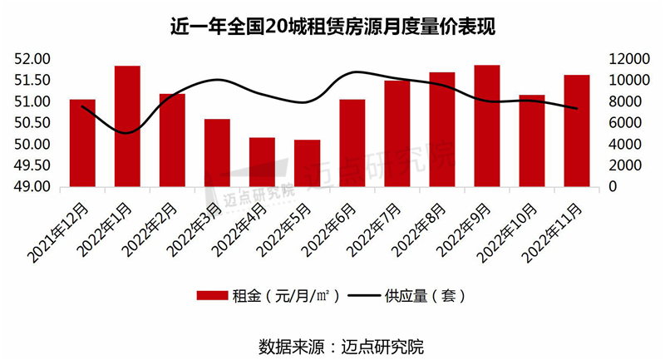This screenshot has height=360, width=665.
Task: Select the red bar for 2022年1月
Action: [127, 126]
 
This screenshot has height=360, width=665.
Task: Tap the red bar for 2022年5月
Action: [307, 163]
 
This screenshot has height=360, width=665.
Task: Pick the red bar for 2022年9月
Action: [486, 126]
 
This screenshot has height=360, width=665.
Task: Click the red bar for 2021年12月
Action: [82, 142]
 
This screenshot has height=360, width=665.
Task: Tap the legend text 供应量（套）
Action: [425, 296]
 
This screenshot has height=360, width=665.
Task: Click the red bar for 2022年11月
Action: [576, 131]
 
